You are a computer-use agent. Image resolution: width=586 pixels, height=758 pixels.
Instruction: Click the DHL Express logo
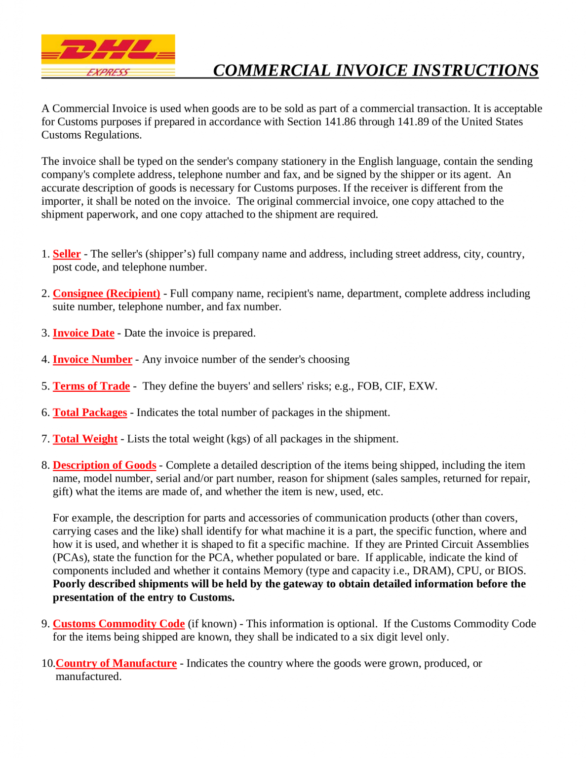click(108, 56)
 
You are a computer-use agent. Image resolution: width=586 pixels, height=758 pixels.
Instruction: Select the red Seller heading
click(67, 254)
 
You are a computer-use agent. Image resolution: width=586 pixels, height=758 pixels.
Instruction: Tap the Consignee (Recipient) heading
click(106, 293)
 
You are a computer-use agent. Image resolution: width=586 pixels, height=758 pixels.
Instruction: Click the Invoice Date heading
click(83, 333)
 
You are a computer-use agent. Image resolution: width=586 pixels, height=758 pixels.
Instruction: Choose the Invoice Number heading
click(92, 359)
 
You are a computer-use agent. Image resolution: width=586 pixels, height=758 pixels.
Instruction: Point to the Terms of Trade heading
click(91, 386)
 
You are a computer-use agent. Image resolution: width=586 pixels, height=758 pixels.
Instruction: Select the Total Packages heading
click(90, 412)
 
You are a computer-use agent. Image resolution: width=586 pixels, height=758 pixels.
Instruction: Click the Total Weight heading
click(85, 439)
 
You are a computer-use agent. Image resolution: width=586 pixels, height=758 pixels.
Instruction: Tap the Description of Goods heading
click(104, 465)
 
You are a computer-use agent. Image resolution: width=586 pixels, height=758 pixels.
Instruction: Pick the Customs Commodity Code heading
click(118, 624)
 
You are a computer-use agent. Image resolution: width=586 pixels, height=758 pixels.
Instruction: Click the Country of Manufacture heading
click(116, 663)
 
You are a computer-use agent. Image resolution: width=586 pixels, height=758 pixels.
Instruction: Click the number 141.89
click(413, 122)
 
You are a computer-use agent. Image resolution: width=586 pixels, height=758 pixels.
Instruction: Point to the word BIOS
click(511, 571)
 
